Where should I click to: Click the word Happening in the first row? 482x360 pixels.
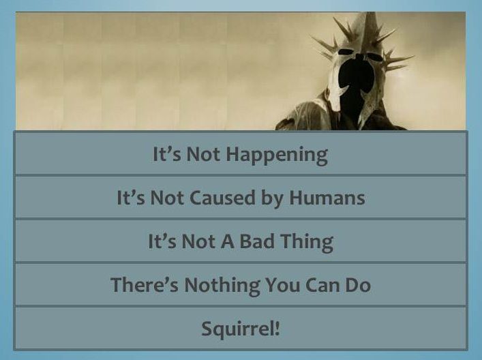tap(277, 155)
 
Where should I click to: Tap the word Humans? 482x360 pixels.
tap(327, 197)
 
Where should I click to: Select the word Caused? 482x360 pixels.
tap(222, 197)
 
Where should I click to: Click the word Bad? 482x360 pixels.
tap(256, 241)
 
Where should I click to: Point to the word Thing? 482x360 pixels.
tap(307, 243)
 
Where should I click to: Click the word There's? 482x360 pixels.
tap(144, 284)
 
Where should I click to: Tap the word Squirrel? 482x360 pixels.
tap(241, 329)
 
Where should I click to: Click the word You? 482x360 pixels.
tap(282, 285)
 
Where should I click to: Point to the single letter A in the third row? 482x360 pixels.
tap(228, 241)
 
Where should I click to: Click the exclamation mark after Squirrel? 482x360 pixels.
tap(277, 328)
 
